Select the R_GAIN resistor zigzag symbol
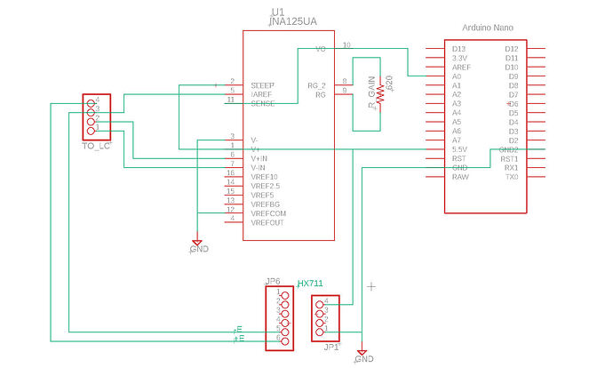point(380,93)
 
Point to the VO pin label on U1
point(321,49)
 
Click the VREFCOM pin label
point(269,213)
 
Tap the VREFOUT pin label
point(267,222)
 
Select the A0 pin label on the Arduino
point(457,76)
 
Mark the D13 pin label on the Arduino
point(458,49)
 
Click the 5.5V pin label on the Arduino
point(460,149)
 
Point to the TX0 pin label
point(511,177)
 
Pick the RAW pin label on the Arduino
point(460,177)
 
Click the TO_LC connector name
point(96,145)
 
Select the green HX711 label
point(310,283)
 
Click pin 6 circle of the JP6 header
point(278,340)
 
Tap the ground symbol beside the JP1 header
point(362,352)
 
